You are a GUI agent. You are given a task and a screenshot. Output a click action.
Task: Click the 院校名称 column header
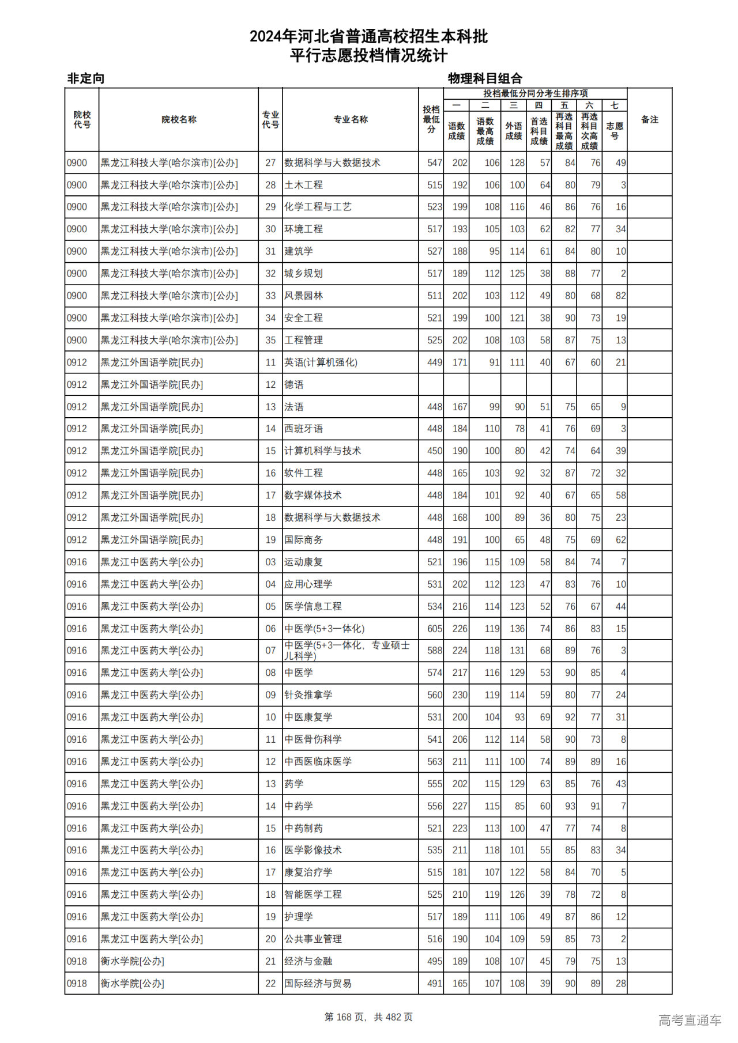coord(179,120)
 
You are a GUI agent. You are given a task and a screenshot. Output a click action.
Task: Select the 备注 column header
coord(649,120)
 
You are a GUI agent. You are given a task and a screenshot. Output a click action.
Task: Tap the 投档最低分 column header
coord(431,119)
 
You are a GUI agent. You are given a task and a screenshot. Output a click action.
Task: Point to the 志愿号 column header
coord(614,131)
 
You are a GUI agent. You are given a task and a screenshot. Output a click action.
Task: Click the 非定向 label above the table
coord(86,78)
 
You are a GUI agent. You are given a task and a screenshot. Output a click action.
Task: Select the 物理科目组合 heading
coord(485,78)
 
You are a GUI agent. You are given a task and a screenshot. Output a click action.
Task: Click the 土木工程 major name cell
coord(303,185)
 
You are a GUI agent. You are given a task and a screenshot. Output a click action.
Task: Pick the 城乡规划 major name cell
coord(303,274)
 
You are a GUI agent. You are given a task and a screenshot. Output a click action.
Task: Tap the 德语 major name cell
coord(294,385)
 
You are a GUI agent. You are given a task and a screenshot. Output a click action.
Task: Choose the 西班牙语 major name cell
coord(303,429)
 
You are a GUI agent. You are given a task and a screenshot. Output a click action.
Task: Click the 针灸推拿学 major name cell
coord(308,695)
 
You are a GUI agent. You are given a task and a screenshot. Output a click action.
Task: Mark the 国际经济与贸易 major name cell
coord(318,984)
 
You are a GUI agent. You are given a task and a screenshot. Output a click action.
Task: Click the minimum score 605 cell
coord(435,629)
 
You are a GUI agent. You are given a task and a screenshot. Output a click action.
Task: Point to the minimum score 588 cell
coord(435,651)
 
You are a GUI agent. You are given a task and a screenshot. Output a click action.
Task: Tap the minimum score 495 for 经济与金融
coord(435,961)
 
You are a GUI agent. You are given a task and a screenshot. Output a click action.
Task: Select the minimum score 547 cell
coord(435,163)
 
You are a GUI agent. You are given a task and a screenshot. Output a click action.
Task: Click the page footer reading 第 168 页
coord(368,1017)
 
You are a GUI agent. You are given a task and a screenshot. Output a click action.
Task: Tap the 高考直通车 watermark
coord(690,1020)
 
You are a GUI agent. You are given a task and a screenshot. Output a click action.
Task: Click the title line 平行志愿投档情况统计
coord(368,56)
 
